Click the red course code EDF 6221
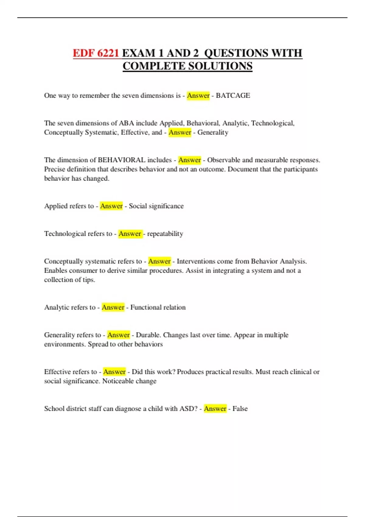96,53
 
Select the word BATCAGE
233,95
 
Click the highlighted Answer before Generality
180,132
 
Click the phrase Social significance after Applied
156,206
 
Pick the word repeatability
165,234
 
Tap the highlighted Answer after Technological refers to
130,234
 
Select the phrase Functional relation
158,307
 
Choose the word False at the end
240,408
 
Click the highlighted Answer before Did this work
114,372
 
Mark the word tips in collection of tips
89,280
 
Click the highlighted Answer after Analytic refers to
113,307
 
